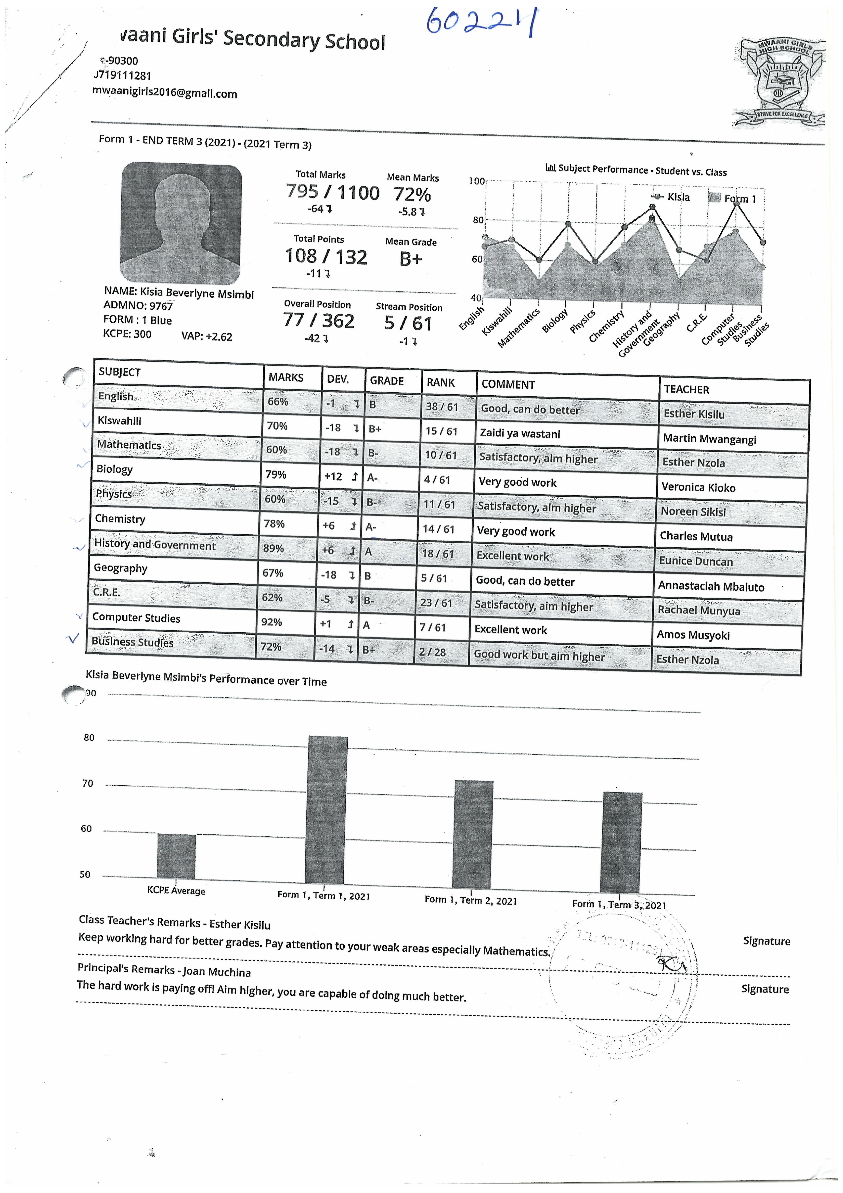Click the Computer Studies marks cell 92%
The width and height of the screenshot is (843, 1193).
coord(272,622)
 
